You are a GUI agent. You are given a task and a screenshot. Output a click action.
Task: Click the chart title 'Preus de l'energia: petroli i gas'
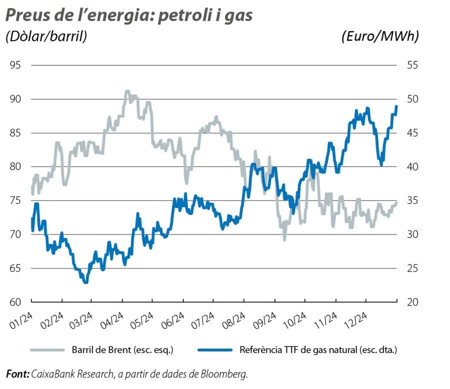[129, 15]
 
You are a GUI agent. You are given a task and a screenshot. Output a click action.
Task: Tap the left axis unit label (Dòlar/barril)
[46, 36]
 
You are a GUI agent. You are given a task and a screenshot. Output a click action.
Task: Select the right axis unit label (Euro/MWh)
[380, 36]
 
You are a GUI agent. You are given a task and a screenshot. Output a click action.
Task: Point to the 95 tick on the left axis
[15, 65]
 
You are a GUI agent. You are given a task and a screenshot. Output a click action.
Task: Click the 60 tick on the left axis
[15, 302]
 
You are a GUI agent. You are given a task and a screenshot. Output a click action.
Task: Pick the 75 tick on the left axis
[15, 200]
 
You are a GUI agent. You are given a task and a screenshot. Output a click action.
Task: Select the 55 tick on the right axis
[411, 65]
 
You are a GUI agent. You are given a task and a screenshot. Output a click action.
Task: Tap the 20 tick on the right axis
[411, 302]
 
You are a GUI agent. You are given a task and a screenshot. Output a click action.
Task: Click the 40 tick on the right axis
[411, 167]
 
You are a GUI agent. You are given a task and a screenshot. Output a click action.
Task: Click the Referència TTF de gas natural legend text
[318, 350]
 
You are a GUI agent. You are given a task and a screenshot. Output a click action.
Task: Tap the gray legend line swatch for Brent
[48, 350]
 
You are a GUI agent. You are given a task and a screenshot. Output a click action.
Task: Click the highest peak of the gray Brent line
[127, 91]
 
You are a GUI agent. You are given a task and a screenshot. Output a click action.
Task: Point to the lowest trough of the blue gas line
[86, 282]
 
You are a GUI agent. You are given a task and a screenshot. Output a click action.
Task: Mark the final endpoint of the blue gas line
[396, 106]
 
